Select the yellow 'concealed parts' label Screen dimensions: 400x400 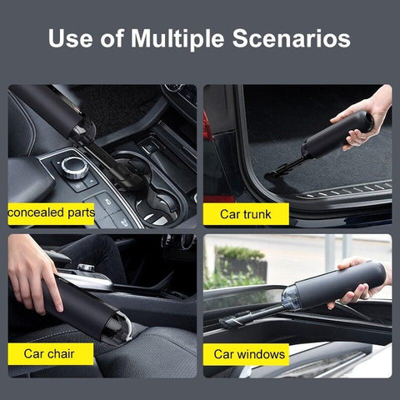(x=52, y=214)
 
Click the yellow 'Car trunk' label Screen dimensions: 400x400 (x=246, y=214)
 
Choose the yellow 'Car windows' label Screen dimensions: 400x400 (x=247, y=354)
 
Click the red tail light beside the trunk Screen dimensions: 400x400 (x=207, y=125)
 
